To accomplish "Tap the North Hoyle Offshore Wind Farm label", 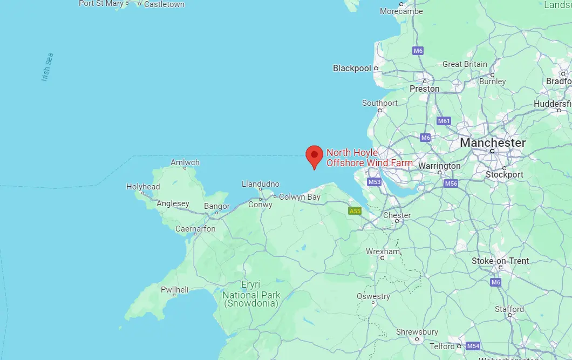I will pyautogui.click(x=369, y=158).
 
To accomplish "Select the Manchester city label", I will pyautogui.click(x=492, y=143).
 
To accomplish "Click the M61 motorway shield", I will pyautogui.click(x=444, y=121).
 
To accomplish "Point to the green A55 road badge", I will pyautogui.click(x=355, y=211).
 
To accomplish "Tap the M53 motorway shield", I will pyautogui.click(x=374, y=182).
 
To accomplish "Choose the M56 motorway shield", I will pyautogui.click(x=451, y=184).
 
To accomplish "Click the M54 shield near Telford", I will pyautogui.click(x=473, y=346).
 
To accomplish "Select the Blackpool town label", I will pyautogui.click(x=352, y=69).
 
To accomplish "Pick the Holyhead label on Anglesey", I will pyautogui.click(x=143, y=187).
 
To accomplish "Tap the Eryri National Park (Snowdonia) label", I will pyautogui.click(x=251, y=294).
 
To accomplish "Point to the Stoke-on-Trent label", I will pyautogui.click(x=500, y=261).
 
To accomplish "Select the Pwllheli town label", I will pyautogui.click(x=174, y=290).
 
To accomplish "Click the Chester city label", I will pyautogui.click(x=397, y=215).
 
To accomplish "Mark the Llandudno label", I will pyautogui.click(x=261, y=184).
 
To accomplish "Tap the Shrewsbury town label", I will pyautogui.click(x=417, y=331).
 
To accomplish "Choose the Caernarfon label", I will pyautogui.click(x=195, y=229).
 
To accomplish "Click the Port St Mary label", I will pyautogui.click(x=101, y=4).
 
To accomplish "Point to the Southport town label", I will pyautogui.click(x=379, y=103).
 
